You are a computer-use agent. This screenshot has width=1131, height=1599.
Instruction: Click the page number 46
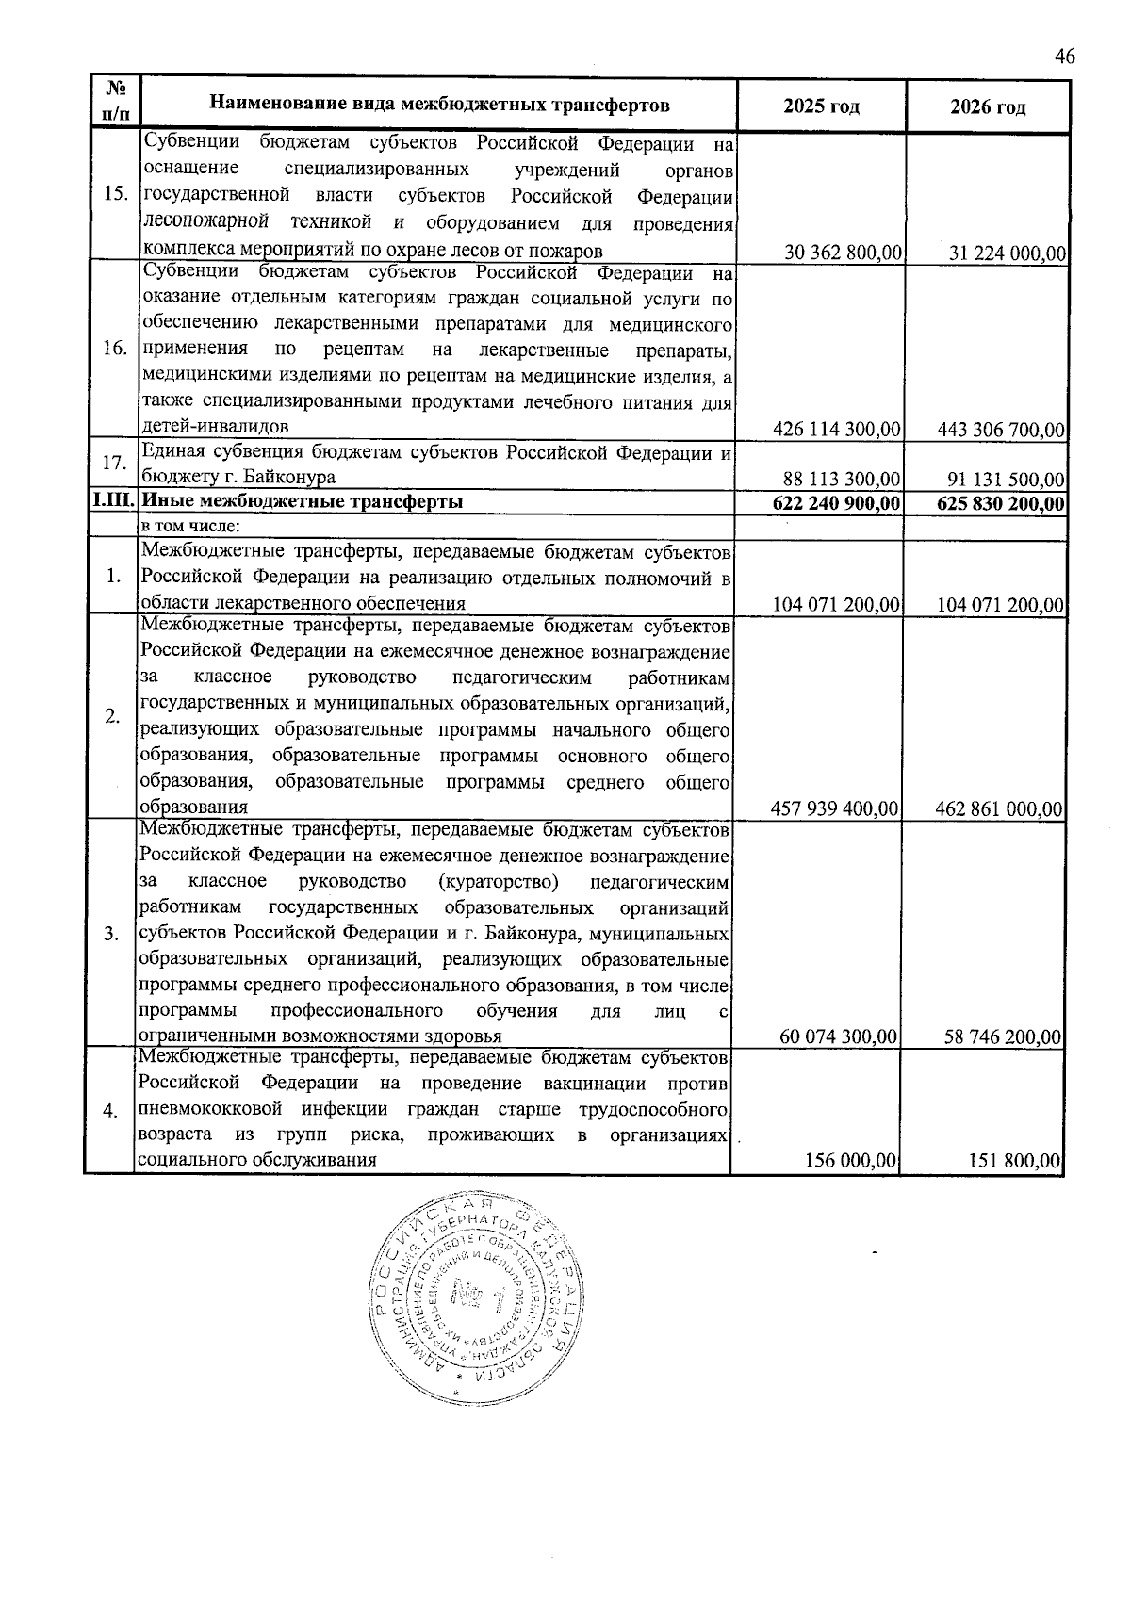[1064, 57]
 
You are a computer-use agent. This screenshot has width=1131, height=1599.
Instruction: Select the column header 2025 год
[821, 106]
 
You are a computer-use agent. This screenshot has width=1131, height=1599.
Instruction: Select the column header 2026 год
[988, 106]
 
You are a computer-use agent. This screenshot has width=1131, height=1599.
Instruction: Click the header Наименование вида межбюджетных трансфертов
[439, 104]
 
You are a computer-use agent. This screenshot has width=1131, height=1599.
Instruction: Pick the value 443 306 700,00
[1001, 431]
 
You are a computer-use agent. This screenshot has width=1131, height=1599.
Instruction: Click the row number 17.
[115, 464]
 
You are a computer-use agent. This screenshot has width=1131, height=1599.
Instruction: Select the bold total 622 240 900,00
[837, 503]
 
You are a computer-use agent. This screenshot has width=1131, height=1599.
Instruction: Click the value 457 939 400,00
[837, 808]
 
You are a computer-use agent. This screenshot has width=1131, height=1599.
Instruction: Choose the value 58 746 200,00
[1004, 1037]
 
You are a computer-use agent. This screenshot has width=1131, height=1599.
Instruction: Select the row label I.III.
[113, 502]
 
